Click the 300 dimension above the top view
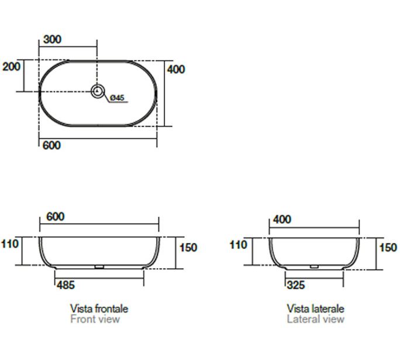52,39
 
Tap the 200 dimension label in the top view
11,67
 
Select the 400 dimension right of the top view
176,70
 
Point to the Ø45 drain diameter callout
117,98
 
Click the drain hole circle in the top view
98,91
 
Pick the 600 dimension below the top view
52,146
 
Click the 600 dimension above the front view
56,217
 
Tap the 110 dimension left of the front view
10,244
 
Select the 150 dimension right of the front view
188,248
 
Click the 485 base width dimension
66,285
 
